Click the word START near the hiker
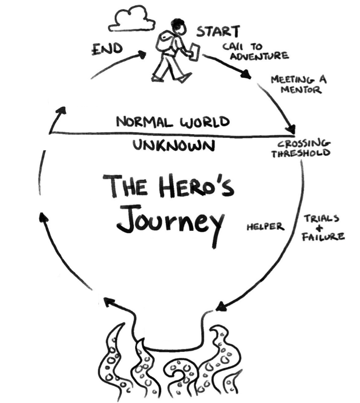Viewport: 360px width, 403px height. point(218,31)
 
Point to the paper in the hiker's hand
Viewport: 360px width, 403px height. point(195,51)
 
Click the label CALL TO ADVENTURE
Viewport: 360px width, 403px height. point(254,51)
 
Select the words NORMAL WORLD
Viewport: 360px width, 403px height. point(173,122)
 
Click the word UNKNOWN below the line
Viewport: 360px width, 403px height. point(174,146)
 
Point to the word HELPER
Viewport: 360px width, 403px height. point(265,227)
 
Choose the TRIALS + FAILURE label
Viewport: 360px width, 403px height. point(324,228)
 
